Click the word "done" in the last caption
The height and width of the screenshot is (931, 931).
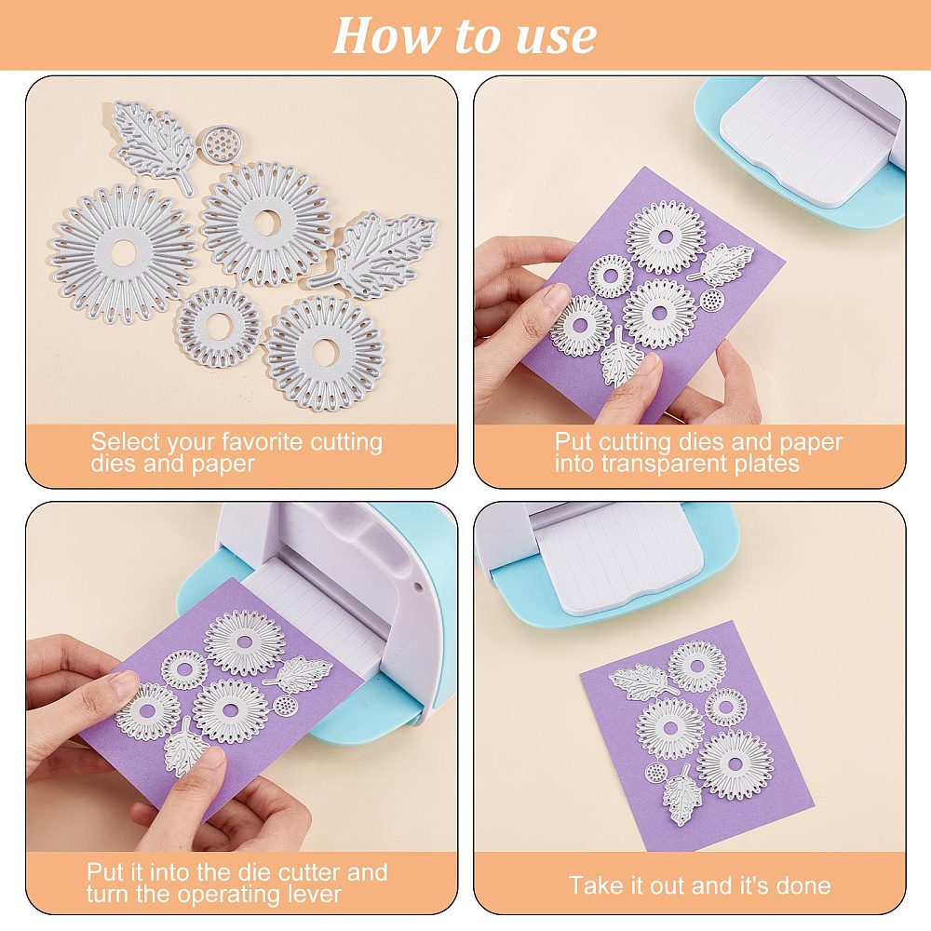(x=803, y=886)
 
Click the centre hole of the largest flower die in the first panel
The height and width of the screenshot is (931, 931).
(x=123, y=253)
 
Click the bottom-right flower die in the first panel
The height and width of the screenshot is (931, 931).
(x=325, y=354)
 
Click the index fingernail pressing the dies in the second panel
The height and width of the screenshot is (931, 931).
(x=555, y=296)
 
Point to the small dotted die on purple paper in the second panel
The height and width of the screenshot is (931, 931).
(x=710, y=300)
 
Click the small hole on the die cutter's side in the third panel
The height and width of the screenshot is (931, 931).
(x=417, y=587)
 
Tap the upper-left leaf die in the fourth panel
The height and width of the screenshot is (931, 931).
(x=643, y=681)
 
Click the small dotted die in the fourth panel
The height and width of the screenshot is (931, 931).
(x=656, y=772)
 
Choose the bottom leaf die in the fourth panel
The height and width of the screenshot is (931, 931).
(x=681, y=795)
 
